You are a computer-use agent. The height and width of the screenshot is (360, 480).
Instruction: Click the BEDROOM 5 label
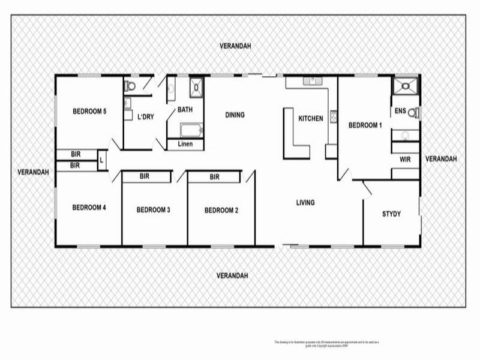[89, 111]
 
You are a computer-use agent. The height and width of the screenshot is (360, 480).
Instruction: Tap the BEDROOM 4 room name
[89, 208]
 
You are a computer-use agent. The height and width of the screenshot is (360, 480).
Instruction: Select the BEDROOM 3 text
[154, 210]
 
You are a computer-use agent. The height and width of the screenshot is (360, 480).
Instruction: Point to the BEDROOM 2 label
[221, 210]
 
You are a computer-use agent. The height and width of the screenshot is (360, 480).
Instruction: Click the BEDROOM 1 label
[365, 125]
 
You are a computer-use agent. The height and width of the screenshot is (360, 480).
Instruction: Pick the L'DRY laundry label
[146, 117]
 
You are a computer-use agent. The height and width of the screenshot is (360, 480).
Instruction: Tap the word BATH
[184, 110]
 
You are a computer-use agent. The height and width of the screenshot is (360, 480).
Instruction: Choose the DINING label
[235, 115]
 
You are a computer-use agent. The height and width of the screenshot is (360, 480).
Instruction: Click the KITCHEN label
[311, 119]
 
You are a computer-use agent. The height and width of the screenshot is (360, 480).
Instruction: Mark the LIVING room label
[305, 203]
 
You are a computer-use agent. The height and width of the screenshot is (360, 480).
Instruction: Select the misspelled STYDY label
[391, 214]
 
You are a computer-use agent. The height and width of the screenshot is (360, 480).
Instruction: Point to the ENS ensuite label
[400, 111]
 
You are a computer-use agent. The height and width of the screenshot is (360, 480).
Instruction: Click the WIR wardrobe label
[405, 159]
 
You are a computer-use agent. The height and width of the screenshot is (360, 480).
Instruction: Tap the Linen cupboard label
[185, 144]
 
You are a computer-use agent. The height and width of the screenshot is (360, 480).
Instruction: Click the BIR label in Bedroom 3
[145, 177]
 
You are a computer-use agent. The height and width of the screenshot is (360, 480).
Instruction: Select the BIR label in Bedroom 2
[214, 177]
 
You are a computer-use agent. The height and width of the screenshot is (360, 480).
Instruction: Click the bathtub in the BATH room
[191, 130]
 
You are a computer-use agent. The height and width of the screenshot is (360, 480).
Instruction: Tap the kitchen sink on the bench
[312, 80]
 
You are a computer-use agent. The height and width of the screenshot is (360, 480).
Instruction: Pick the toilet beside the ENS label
[413, 112]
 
